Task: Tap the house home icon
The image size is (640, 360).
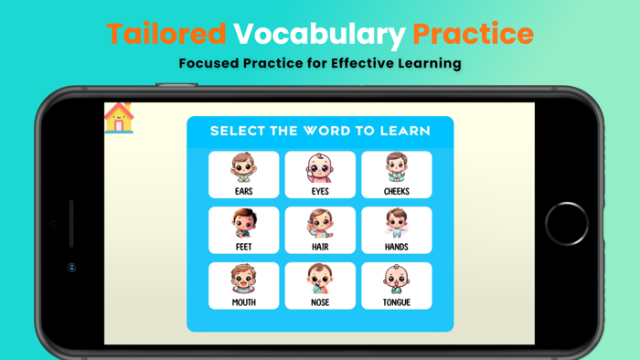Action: pyautogui.click(x=119, y=118)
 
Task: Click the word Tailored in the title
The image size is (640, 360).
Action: pyautogui.click(x=166, y=34)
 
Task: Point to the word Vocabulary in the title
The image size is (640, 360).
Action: pyautogui.click(x=318, y=34)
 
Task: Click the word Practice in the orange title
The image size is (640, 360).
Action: pyautogui.click(x=473, y=34)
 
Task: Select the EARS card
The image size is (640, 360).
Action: pyautogui.click(x=243, y=175)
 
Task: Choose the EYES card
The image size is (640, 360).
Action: pyautogui.click(x=320, y=175)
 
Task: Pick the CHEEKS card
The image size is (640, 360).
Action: pyautogui.click(x=396, y=175)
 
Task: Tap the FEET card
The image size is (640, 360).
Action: pyautogui.click(x=243, y=230)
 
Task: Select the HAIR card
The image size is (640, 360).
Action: pyautogui.click(x=320, y=230)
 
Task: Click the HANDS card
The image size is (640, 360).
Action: pyautogui.click(x=396, y=230)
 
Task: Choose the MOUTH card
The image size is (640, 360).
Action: pyautogui.click(x=243, y=286)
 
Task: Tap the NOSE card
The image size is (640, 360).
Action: pyautogui.click(x=320, y=286)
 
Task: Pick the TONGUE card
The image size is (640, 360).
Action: pyautogui.click(x=396, y=286)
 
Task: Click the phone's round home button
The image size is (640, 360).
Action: pyautogui.click(x=567, y=224)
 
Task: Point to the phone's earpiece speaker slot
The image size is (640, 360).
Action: pyautogui.click(x=71, y=224)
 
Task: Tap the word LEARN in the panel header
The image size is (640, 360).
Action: pyautogui.click(x=407, y=131)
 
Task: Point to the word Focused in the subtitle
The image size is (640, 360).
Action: pyautogui.click(x=209, y=64)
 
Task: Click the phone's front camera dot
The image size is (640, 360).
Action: pyautogui.click(x=71, y=268)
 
